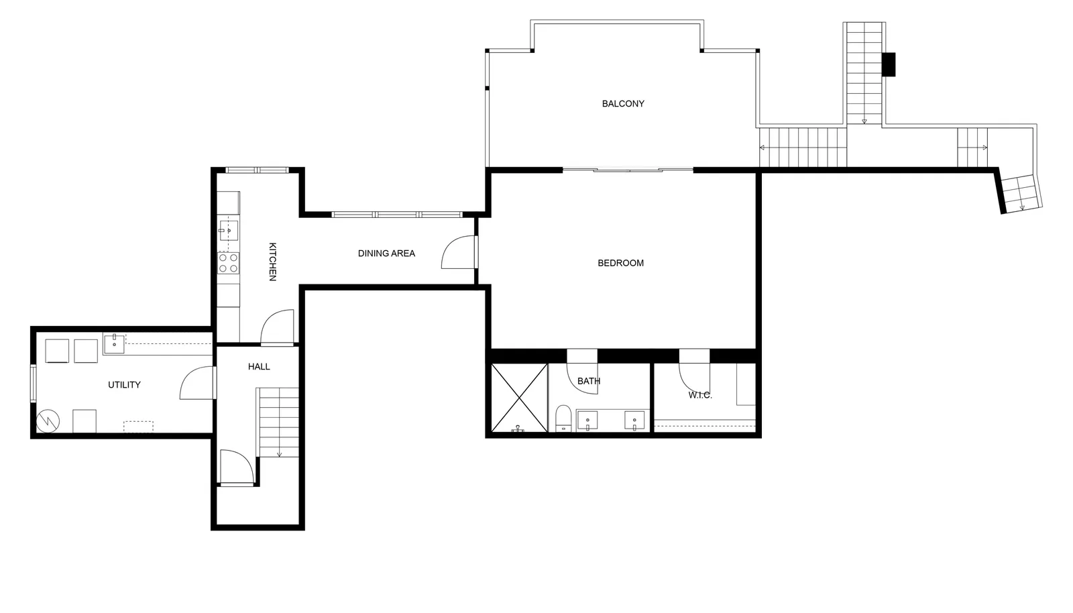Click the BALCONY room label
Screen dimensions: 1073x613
point(623,103)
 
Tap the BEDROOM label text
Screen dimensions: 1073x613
point(620,263)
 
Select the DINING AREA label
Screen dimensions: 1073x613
point(386,254)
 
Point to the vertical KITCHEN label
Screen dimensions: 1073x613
point(272,262)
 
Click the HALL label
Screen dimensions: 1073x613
point(259,367)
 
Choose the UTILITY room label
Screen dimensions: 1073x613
point(124,384)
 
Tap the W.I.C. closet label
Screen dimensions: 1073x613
point(700,396)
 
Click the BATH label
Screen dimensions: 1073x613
point(589,381)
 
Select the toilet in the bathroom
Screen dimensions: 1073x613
point(563,418)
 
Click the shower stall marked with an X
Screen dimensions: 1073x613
point(519,398)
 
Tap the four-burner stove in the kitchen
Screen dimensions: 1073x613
point(229,263)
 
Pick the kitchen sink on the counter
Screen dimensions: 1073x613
point(229,230)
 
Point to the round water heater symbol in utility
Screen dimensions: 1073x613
point(48,421)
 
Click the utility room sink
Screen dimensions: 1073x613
point(114,343)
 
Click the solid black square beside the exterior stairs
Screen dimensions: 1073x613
point(889,64)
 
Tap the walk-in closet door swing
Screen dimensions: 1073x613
point(694,378)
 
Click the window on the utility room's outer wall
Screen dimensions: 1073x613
point(33,383)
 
